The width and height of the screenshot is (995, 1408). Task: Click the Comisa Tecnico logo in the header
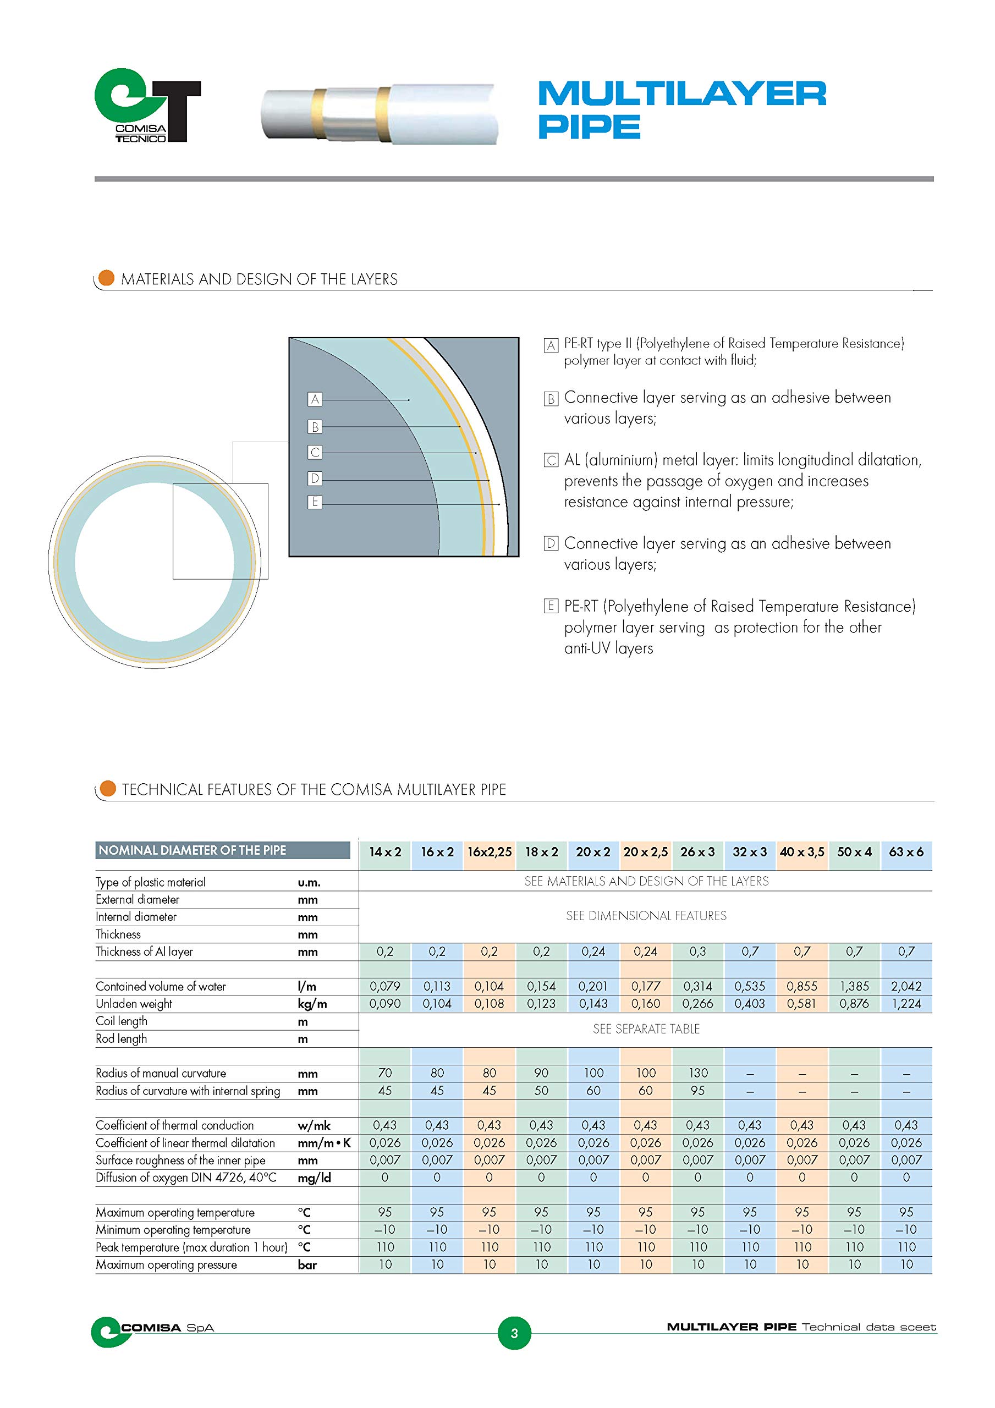[147, 106]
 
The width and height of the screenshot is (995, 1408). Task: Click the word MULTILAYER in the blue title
[682, 94]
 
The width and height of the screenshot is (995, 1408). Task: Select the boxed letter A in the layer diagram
[315, 399]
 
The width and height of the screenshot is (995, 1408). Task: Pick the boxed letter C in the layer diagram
[315, 453]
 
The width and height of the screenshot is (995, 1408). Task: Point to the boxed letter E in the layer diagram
[315, 502]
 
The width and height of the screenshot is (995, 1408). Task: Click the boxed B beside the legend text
[551, 399]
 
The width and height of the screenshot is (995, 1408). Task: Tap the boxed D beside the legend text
[551, 543]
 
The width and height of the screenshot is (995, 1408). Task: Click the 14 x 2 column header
[384, 852]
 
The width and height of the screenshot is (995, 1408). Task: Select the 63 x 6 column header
[906, 852]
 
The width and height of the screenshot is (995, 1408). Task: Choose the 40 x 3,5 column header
[802, 852]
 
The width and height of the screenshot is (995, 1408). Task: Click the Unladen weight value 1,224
[906, 1003]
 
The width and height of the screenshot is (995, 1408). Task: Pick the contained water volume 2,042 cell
[906, 986]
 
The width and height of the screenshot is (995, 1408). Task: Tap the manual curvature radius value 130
[697, 1072]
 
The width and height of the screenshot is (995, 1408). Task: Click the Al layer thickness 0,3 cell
[697, 951]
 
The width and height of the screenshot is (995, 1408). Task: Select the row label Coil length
[122, 1021]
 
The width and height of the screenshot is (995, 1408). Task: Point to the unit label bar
[307, 1264]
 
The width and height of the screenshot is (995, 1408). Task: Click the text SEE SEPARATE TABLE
[646, 1029]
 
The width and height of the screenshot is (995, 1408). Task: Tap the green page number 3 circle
[514, 1333]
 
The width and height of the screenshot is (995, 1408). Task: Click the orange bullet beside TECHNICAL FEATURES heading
[108, 789]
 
